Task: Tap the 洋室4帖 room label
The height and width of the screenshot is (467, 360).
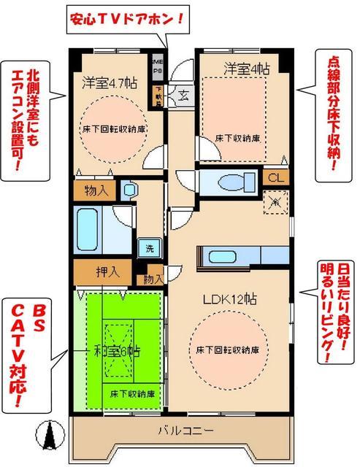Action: click(x=246, y=69)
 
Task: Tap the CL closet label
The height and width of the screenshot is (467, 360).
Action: click(x=275, y=178)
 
